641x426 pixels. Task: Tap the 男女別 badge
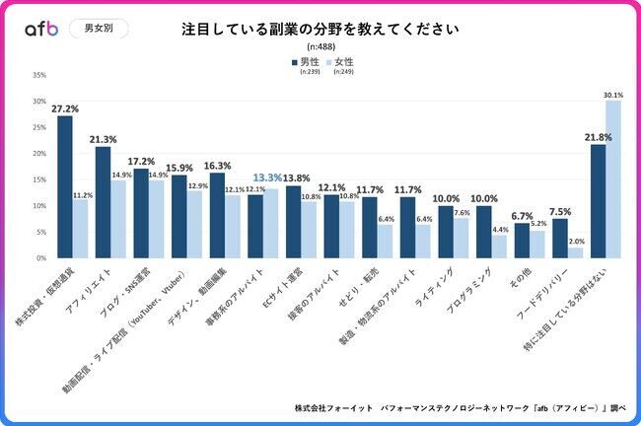click(98, 29)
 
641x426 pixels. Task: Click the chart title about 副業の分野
click(320, 29)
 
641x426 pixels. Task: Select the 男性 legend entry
click(312, 62)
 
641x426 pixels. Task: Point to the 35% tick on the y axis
click(40, 75)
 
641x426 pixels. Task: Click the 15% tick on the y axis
click(40, 179)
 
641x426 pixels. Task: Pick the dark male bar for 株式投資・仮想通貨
click(65, 187)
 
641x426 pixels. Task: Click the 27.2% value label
click(66, 108)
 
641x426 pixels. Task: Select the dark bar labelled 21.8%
click(598, 201)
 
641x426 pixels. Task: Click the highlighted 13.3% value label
click(271, 177)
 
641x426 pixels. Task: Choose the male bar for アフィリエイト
click(103, 202)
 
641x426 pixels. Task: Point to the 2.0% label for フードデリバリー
click(575, 241)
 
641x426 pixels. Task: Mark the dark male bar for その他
click(522, 241)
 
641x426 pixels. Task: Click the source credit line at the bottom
click(460, 406)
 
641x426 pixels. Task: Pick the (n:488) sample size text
click(320, 47)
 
